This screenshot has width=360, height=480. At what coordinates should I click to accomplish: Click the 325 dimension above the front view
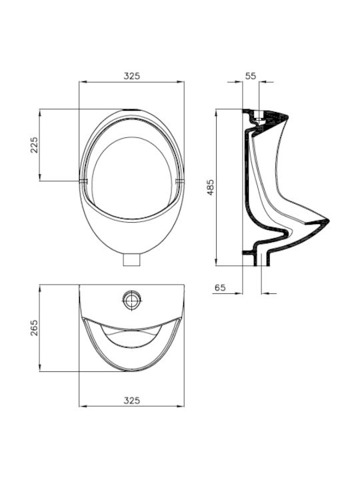(131, 76)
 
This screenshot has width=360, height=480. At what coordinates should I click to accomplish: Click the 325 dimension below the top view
(131, 400)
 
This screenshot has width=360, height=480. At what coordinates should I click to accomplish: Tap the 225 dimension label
(34, 145)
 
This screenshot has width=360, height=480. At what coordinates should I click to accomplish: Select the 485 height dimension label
(211, 187)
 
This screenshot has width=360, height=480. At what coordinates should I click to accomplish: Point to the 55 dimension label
(251, 76)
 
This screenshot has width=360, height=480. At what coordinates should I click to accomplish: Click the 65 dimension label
(220, 287)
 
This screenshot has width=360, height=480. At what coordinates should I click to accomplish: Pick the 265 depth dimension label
(34, 327)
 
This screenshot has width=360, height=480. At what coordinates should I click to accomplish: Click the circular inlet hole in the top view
(132, 301)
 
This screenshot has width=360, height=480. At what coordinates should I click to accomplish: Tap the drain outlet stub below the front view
(131, 260)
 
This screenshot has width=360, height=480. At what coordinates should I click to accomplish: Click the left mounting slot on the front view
(83, 181)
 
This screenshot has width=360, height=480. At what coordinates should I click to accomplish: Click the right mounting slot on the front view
(180, 181)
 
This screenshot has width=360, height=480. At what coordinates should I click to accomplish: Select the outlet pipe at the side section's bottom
(262, 259)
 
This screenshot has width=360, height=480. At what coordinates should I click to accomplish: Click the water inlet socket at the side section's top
(259, 117)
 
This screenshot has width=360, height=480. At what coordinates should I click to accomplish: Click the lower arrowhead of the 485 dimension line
(216, 262)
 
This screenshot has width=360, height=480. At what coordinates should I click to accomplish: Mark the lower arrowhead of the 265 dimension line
(40, 368)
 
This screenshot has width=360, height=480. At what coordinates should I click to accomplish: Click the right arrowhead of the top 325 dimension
(181, 82)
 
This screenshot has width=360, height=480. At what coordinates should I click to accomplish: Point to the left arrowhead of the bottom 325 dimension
(83, 406)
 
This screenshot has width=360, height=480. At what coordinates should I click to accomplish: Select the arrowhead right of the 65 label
(239, 293)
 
